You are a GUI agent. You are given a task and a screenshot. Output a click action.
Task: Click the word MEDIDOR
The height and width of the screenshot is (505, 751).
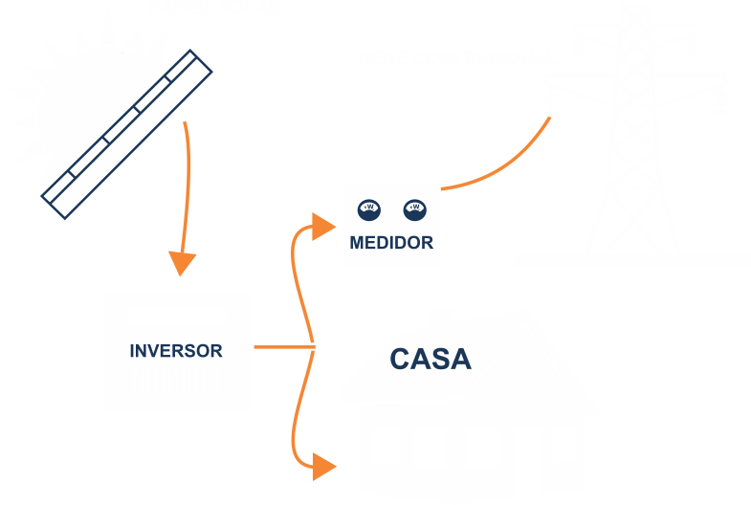(x=391, y=243)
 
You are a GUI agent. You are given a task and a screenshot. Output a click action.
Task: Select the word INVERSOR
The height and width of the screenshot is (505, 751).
(x=176, y=351)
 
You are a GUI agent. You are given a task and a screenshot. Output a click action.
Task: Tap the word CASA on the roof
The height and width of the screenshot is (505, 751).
(x=431, y=360)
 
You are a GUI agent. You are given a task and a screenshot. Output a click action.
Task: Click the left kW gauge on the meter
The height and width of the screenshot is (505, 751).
(x=368, y=208)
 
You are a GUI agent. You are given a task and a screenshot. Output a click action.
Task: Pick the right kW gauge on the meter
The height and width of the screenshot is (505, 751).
(x=414, y=208)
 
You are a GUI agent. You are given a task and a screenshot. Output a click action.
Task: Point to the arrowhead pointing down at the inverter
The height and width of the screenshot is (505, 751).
(x=181, y=263)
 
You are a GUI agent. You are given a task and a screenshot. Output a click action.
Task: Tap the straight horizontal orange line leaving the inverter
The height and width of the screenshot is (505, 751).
(x=283, y=347)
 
